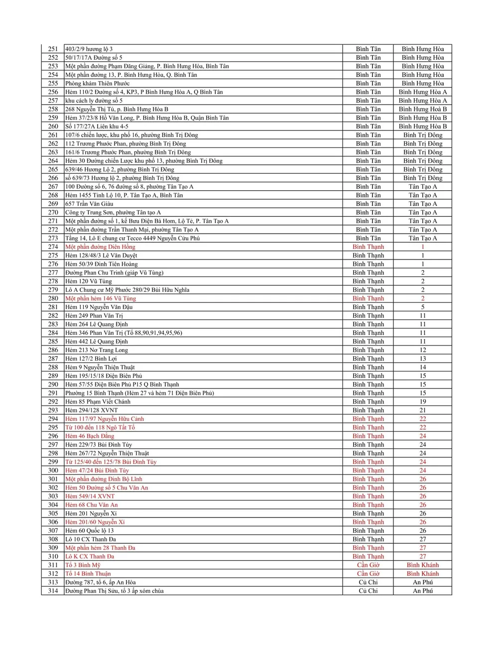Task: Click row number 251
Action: tap(53, 49)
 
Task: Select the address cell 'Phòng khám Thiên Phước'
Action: tap(97, 83)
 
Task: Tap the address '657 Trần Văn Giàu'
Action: tap(89, 204)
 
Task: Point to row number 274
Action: tap(53, 247)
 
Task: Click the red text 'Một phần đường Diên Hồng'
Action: tap(100, 247)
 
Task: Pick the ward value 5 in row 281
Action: tap(422, 307)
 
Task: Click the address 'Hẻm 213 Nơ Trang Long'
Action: tap(97, 350)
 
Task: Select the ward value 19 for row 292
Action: tap(422, 401)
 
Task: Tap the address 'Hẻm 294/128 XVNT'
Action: tap(92, 410)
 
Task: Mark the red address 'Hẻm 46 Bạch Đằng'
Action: tap(90, 436)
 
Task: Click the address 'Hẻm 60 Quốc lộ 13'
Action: tap(90, 530)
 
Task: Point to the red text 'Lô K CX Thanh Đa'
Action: tap(90, 556)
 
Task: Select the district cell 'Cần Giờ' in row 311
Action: tap(368, 565)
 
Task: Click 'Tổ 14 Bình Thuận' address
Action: tap(88, 574)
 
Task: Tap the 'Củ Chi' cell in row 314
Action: tap(368, 591)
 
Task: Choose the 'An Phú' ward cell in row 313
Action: tap(422, 582)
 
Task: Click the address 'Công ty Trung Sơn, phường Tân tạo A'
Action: tap(113, 212)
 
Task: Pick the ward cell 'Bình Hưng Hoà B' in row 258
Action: tap(422, 109)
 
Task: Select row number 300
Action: tap(53, 470)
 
